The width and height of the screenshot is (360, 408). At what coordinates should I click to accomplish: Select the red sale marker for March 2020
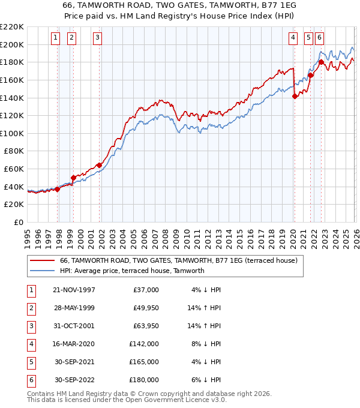click(x=295, y=96)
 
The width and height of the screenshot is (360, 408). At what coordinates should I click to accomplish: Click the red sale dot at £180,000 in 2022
click(x=322, y=62)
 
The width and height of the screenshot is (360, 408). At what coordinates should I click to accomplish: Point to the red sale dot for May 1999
click(x=73, y=178)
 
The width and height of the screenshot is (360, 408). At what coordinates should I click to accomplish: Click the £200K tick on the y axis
click(x=13, y=44)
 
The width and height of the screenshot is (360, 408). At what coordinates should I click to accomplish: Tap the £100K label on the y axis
click(x=13, y=133)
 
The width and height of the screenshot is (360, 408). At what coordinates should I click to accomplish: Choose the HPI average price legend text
click(x=132, y=271)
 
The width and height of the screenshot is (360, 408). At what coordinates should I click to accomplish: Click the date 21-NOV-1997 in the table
click(x=74, y=290)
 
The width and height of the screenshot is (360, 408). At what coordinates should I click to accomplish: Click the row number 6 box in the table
click(x=31, y=380)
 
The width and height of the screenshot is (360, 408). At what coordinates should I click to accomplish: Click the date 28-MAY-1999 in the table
click(x=74, y=308)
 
